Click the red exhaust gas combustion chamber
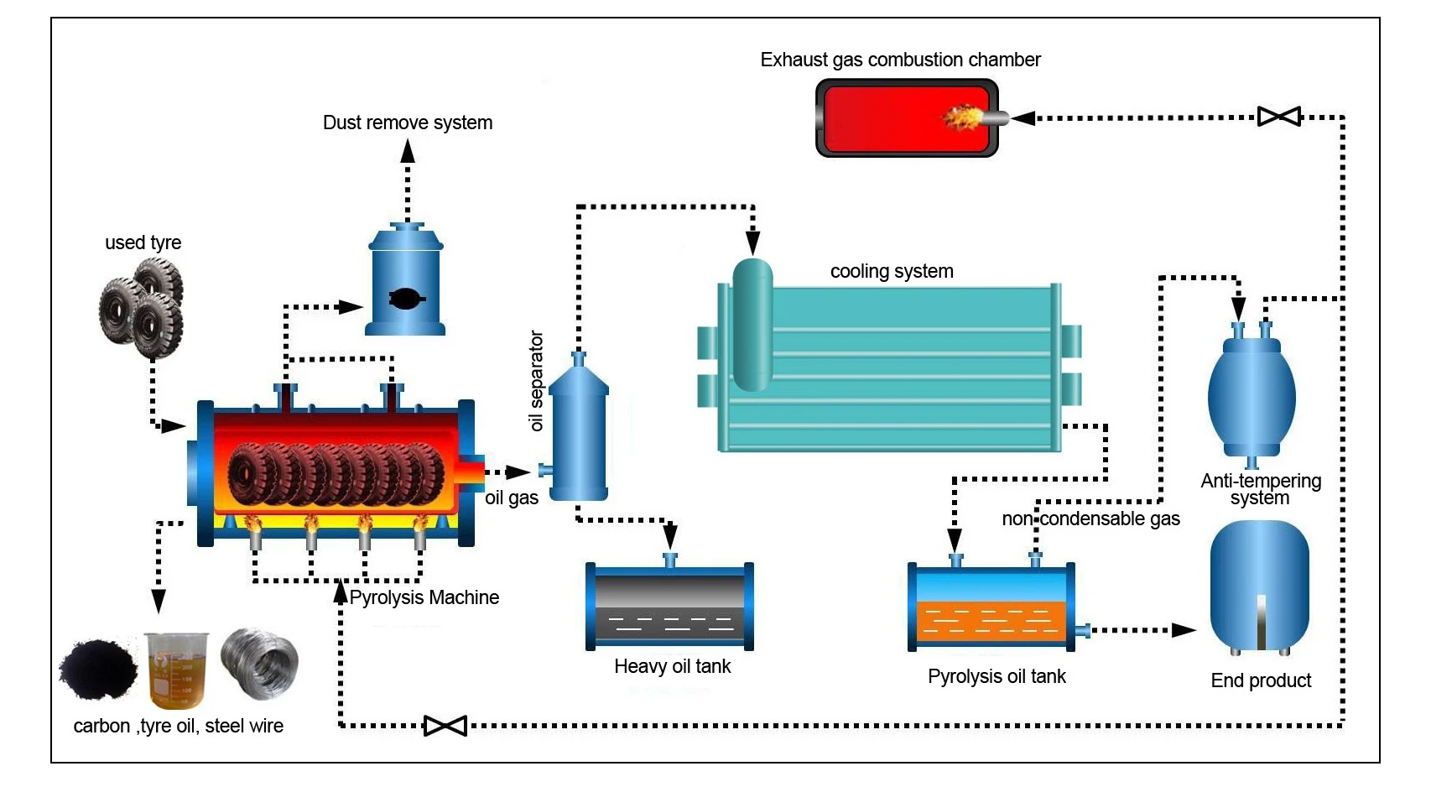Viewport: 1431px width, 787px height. point(907,117)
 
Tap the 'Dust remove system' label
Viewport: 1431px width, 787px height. point(408,122)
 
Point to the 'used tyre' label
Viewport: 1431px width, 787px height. point(143,242)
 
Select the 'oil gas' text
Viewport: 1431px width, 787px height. point(512,498)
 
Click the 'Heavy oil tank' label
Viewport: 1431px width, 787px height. point(672,666)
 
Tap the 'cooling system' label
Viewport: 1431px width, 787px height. point(892,271)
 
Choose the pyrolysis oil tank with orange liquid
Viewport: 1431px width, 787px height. point(991,608)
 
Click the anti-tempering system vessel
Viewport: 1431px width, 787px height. point(1251,394)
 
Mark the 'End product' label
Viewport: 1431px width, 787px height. point(1261,680)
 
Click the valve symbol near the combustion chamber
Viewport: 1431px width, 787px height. point(1279,117)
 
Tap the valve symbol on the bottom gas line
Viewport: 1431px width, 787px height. point(445,726)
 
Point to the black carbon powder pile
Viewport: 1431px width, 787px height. point(98,669)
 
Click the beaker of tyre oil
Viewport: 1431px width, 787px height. point(176,670)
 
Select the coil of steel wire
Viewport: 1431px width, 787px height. point(260,663)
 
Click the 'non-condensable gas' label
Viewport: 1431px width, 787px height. point(1090,519)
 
